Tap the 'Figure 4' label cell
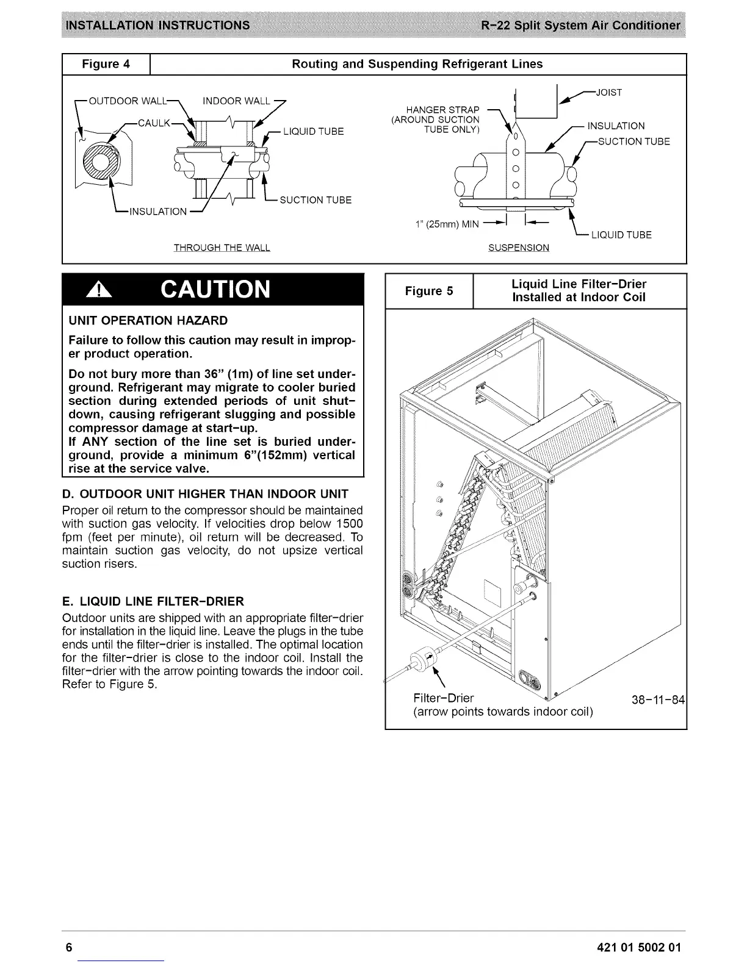pyautogui.click(x=106, y=64)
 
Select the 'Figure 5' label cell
pyautogui.click(x=429, y=291)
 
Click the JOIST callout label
pyautogui.click(x=608, y=93)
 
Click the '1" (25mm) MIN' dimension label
pyautogui.click(x=447, y=224)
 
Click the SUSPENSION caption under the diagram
pyautogui.click(x=519, y=248)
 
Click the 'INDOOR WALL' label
pyautogui.click(x=236, y=101)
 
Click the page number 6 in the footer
pyautogui.click(x=69, y=947)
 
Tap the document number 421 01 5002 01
pyautogui.click(x=637, y=947)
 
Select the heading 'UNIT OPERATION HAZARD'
pyautogui.click(x=148, y=320)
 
